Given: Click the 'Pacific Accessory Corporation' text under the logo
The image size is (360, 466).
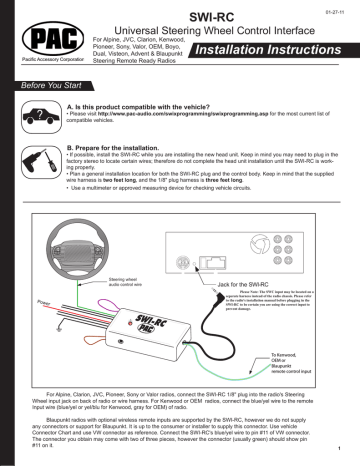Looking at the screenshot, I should pos(41,62).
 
